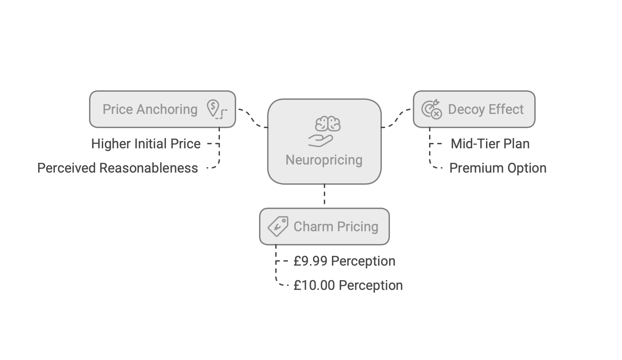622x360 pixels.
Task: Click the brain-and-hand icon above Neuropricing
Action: pos(324,132)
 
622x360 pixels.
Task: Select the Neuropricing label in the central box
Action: pos(324,160)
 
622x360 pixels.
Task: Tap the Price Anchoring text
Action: pos(150,110)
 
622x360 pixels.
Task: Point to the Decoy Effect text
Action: pos(485,110)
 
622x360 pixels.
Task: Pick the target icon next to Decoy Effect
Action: pos(431,109)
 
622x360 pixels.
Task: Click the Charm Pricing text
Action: pos(336,227)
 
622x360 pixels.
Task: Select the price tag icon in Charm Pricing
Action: pos(278,226)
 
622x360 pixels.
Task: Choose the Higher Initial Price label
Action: pos(146,144)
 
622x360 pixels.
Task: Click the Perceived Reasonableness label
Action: pos(117,168)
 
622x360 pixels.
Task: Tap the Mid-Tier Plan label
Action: pos(490,144)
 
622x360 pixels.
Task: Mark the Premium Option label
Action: pos(498,168)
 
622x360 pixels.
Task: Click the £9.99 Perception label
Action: pos(344,261)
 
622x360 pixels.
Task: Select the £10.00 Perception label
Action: pos(348,286)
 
